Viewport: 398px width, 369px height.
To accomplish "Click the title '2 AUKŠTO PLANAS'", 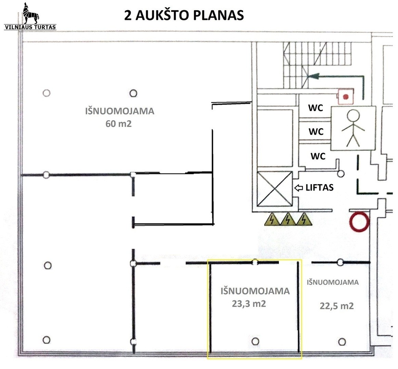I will click(x=184, y=15).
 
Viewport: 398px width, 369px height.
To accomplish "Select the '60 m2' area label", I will click(x=118, y=124).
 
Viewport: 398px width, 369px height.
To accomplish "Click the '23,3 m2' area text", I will click(x=249, y=303).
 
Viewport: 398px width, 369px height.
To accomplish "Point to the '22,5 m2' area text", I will click(x=337, y=306).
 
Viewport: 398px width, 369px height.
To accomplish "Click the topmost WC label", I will click(x=316, y=108).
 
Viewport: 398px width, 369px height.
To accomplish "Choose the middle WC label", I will click(x=316, y=132).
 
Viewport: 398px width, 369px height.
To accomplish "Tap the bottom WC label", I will click(x=318, y=156).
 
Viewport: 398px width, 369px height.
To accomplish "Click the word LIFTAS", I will click(x=319, y=187).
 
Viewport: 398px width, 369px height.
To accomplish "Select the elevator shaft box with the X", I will click(x=274, y=189).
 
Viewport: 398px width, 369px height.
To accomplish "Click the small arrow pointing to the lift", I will click(x=299, y=188).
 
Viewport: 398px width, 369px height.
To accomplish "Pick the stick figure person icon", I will click(x=354, y=128).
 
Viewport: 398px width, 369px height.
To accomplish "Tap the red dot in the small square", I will click(x=346, y=97).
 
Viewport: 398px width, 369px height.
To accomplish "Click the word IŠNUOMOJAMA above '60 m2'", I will click(x=119, y=111).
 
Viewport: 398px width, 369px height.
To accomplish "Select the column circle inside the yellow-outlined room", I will click(x=255, y=341).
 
